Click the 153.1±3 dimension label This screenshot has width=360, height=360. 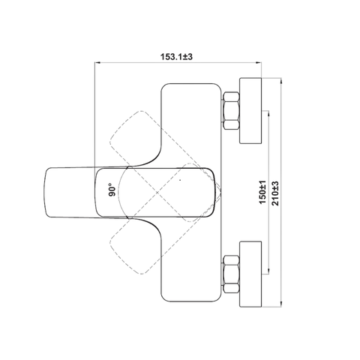coord(176,57)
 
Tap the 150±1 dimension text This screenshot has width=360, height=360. coord(262,192)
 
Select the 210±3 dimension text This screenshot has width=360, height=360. coord(275,193)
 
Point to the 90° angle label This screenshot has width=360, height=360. coord(112,190)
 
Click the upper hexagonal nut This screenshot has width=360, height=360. coord(232,111)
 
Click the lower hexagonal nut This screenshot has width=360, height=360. coord(232,274)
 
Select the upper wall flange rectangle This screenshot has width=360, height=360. coord(250,111)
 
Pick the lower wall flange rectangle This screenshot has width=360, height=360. coord(250,274)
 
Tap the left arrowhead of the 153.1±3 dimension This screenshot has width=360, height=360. coord(97,62)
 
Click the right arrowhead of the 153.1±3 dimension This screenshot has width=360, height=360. coord(259,62)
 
